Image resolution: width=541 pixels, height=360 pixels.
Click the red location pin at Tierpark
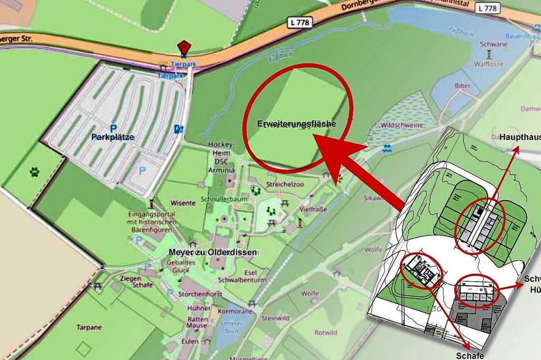(x=183, y=48)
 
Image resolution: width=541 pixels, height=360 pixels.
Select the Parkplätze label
(x=112, y=137)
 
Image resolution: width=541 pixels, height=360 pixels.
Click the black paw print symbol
(x=35, y=172)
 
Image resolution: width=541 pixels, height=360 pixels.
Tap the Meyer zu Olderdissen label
(x=213, y=252)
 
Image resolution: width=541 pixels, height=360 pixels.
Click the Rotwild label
(x=325, y=333)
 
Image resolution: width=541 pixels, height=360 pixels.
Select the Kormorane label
(x=232, y=312)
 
